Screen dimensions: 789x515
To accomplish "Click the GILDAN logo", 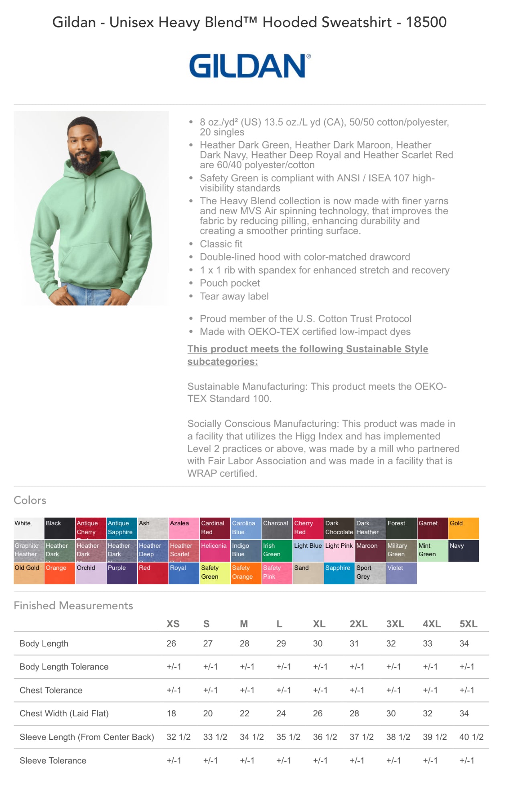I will click(249, 66).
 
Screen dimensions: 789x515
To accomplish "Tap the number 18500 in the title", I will click(426, 22).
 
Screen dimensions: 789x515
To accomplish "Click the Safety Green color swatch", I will click(215, 573).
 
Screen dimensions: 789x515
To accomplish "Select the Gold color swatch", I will click(464, 528).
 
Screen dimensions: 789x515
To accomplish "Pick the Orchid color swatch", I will click(91, 573).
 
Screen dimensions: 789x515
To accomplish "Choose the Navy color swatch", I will click(464, 551).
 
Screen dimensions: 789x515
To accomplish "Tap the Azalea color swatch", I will click(184, 528).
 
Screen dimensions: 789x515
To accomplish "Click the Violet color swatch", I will click(401, 573).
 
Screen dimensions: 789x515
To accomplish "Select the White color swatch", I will click(28, 528).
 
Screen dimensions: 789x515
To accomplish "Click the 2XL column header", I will click(358, 624).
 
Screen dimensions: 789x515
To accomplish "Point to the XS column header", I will click(173, 624).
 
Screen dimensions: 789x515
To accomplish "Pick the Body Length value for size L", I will click(281, 644).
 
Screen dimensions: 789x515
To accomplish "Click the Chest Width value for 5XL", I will click(464, 714).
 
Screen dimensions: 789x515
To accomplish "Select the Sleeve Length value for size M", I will click(251, 737).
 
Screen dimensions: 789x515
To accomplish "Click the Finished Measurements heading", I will click(73, 606).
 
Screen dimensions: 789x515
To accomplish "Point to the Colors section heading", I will click(30, 500).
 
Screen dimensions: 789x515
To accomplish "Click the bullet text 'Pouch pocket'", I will click(230, 283).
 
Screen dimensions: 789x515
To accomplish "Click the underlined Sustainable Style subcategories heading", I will click(307, 355).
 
